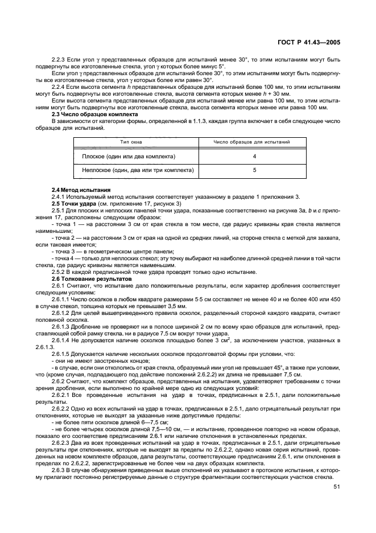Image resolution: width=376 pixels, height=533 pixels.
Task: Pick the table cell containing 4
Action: [254, 156]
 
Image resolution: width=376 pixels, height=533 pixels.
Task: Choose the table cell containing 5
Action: [254, 170]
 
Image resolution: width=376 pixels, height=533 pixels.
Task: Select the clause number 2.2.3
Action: [59, 60]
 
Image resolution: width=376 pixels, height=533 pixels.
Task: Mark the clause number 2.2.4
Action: [59, 86]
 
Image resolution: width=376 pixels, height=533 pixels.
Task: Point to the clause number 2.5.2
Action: [59, 272]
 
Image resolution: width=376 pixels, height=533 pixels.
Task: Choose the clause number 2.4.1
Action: [59, 196]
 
